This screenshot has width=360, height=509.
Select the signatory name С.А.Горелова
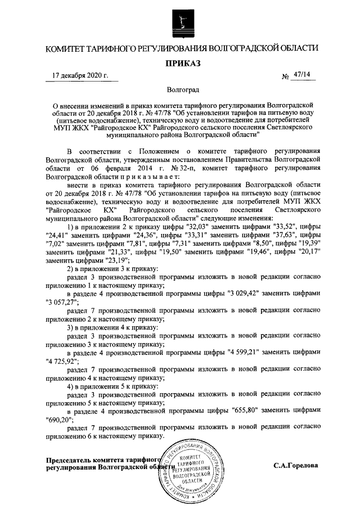(x=296, y=466)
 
